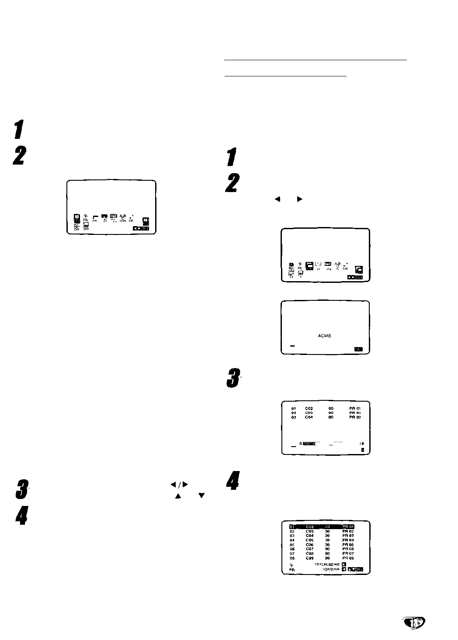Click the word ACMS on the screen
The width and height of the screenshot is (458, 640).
pos(325,336)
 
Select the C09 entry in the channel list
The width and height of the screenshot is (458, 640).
pos(309,558)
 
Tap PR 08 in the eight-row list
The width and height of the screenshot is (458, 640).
pos(348,558)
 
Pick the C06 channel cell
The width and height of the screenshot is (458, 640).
pos(309,545)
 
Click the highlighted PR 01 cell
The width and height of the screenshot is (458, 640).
pos(348,527)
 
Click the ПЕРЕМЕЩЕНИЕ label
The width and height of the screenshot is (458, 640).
pos(327,564)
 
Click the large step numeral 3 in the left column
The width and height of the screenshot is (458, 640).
pos(20,489)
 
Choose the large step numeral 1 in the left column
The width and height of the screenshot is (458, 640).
pos(18,130)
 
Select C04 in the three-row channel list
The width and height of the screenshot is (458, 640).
pos(309,417)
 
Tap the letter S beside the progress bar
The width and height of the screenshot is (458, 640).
pos(301,444)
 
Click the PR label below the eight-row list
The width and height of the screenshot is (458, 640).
pos(291,570)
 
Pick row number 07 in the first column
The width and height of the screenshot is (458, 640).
pos(292,554)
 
